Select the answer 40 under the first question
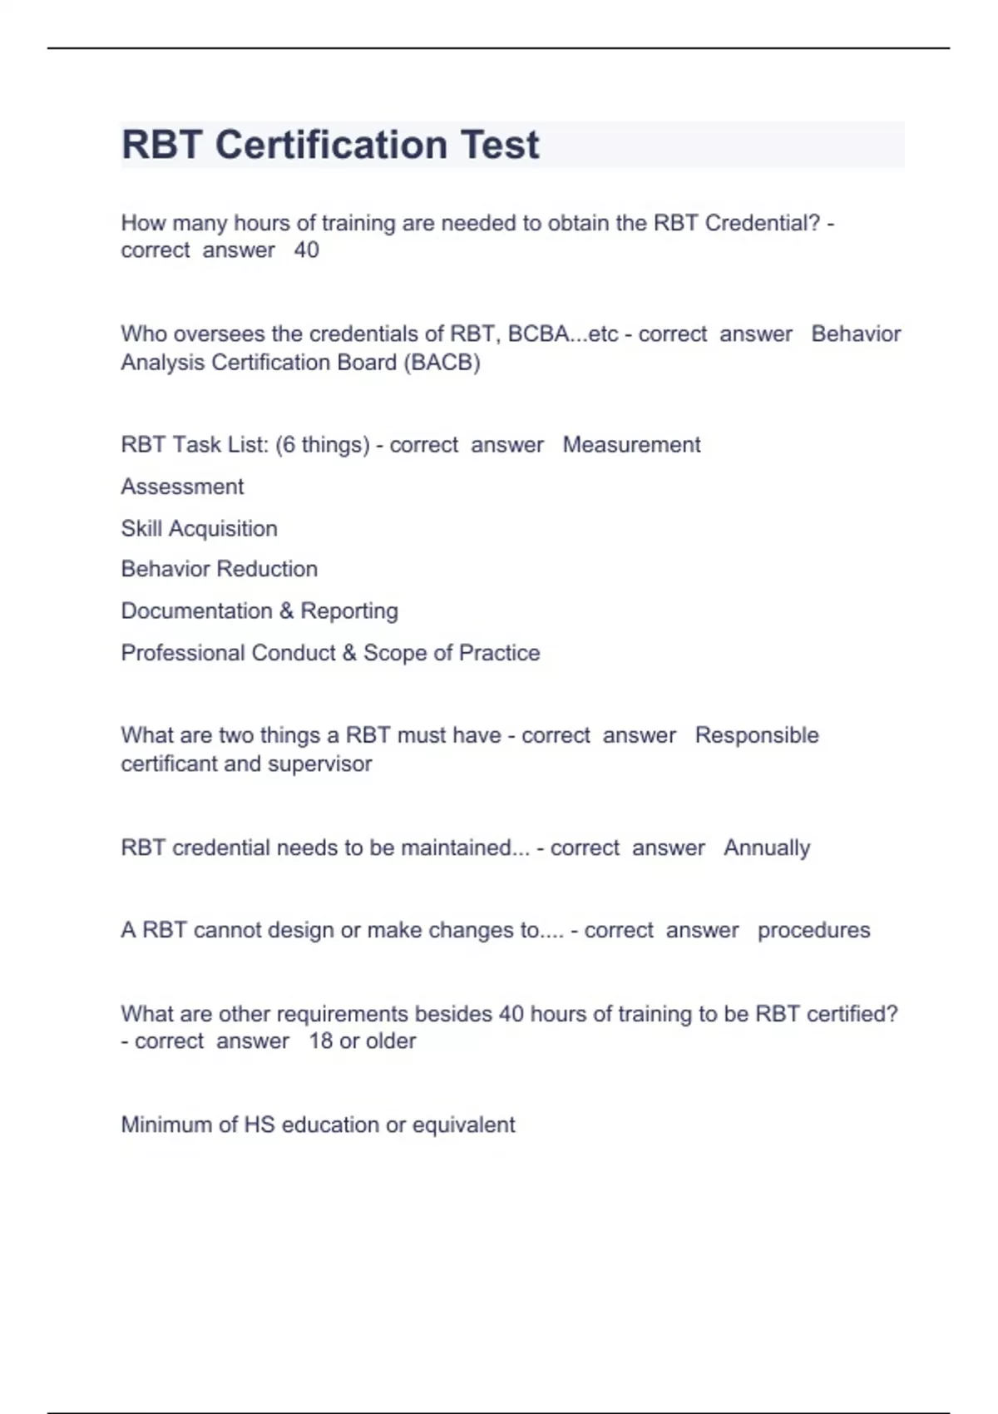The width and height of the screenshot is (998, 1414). pyautogui.click(x=306, y=250)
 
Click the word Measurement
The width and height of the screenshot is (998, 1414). pyautogui.click(x=631, y=445)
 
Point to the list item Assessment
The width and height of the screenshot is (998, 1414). pyautogui.click(x=182, y=487)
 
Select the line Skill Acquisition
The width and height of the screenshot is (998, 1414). pyautogui.click(x=199, y=528)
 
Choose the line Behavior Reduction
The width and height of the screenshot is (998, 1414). pyautogui.click(x=219, y=569)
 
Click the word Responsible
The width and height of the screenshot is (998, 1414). pyautogui.click(x=757, y=735)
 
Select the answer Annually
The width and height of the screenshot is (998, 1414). pyautogui.click(x=766, y=848)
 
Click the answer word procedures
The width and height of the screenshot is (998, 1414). pyautogui.click(x=813, y=930)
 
